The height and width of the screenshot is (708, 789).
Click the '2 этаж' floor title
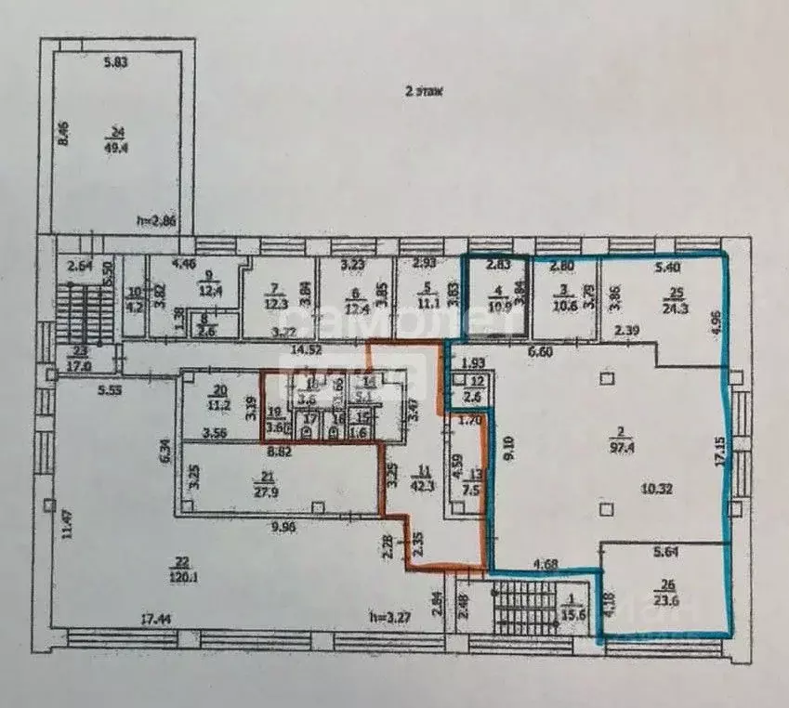[423, 91]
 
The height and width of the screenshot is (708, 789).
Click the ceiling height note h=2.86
[155, 220]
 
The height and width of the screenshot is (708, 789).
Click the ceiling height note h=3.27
[390, 615]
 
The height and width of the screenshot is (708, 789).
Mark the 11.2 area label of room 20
[217, 405]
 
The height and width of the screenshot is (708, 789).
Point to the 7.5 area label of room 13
[473, 492]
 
